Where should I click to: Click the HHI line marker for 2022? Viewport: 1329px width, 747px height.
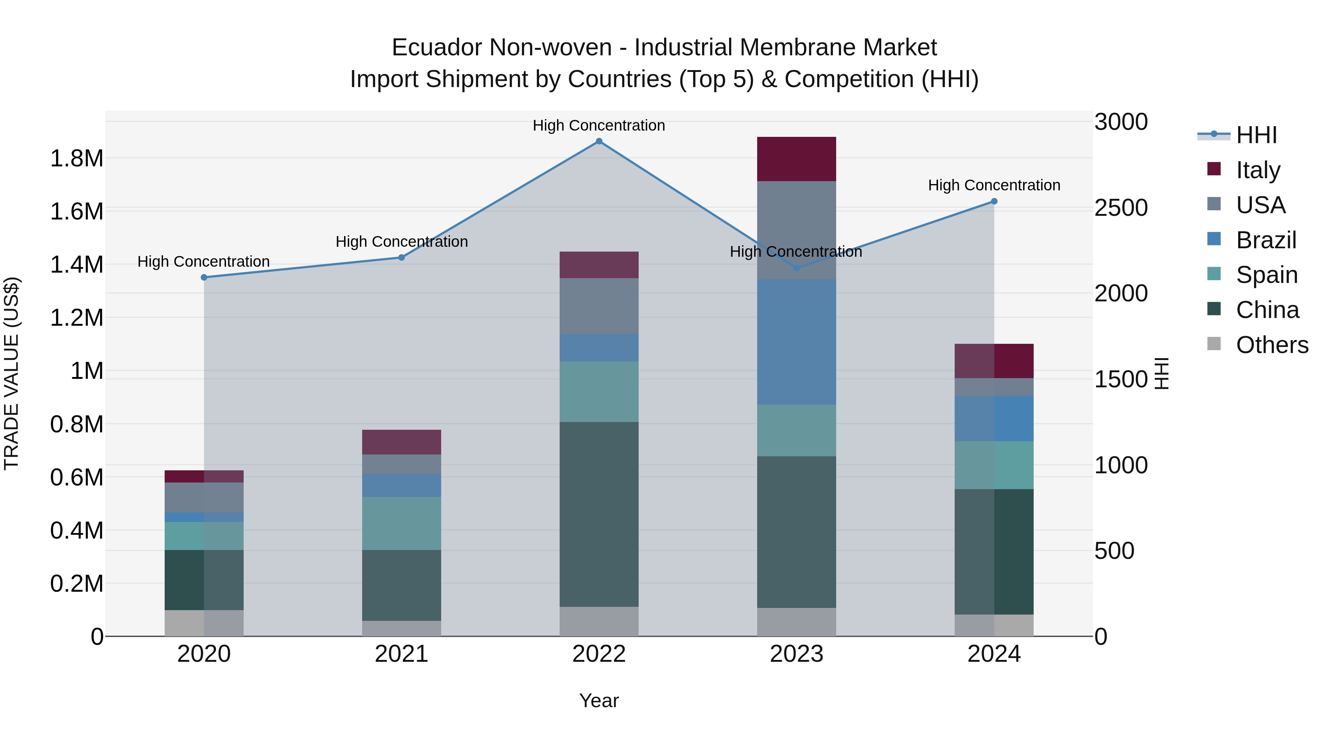[x=599, y=141]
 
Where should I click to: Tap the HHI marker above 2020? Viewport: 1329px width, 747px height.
[x=204, y=277]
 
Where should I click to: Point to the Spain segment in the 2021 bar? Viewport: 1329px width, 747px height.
[x=401, y=523]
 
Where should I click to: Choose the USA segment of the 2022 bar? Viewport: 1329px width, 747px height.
[x=599, y=306]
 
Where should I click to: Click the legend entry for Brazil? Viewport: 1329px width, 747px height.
[x=1266, y=240]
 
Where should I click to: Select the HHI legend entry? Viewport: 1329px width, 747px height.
[x=1256, y=135]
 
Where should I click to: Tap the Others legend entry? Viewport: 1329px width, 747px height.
[x=1272, y=345]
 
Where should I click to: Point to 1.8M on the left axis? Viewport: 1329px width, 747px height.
[x=76, y=158]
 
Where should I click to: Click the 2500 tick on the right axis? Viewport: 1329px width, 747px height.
[x=1120, y=208]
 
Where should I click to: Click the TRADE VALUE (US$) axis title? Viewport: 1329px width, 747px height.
[x=12, y=373]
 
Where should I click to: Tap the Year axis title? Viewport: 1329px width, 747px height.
[x=599, y=701]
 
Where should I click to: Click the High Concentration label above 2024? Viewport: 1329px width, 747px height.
[x=994, y=185]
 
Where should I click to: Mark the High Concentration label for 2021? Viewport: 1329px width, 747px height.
[x=401, y=241]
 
